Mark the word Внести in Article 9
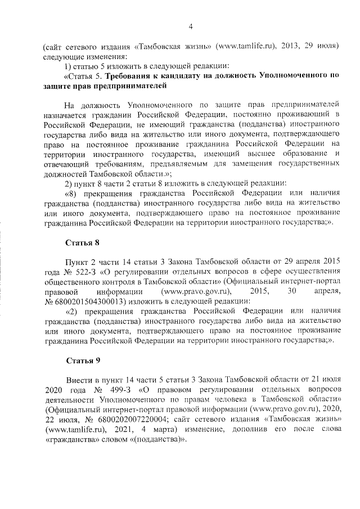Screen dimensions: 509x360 [78, 379]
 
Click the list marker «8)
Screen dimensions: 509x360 [73, 193]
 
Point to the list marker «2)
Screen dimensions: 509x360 [73, 311]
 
